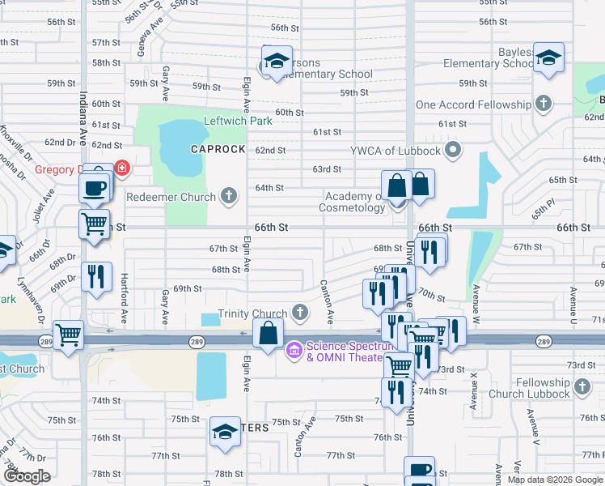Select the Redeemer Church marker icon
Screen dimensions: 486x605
[x=230, y=195]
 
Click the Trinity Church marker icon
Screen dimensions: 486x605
[x=300, y=313]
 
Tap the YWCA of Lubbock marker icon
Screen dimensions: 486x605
[x=453, y=150]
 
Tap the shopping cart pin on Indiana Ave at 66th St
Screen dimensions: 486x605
[x=95, y=223]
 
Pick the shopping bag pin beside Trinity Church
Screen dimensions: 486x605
[x=268, y=331]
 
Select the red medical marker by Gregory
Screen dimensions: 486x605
[x=121, y=168]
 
